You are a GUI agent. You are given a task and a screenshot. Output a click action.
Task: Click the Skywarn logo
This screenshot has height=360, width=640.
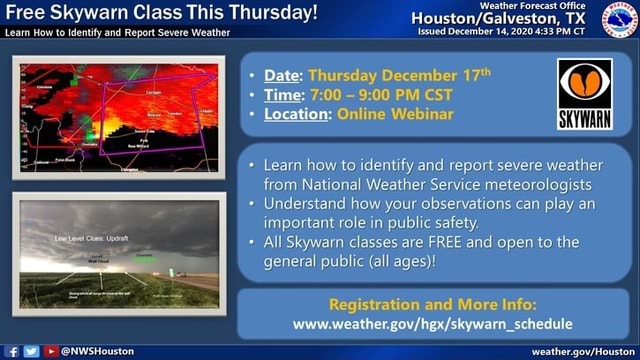tap(585, 94)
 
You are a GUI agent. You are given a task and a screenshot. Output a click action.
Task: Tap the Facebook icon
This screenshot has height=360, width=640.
tap(11, 352)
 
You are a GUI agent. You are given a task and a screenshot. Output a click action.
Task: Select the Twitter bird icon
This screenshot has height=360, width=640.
tap(31, 352)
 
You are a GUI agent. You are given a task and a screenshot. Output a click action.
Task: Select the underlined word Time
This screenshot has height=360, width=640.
tap(282, 95)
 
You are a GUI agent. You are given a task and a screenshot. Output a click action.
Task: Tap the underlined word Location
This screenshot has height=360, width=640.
tap(296, 114)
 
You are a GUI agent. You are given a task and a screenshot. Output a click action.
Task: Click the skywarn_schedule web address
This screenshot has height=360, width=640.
tap(432, 323)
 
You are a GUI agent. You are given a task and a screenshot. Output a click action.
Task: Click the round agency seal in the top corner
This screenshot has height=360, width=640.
tap(619, 19)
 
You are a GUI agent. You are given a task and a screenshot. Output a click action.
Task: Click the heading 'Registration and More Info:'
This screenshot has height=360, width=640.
tap(432, 303)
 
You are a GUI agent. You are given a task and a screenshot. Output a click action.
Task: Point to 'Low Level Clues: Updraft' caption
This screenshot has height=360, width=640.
tap(92, 238)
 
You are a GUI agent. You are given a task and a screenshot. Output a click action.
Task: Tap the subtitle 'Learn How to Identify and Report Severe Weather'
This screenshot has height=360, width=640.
tap(117, 32)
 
